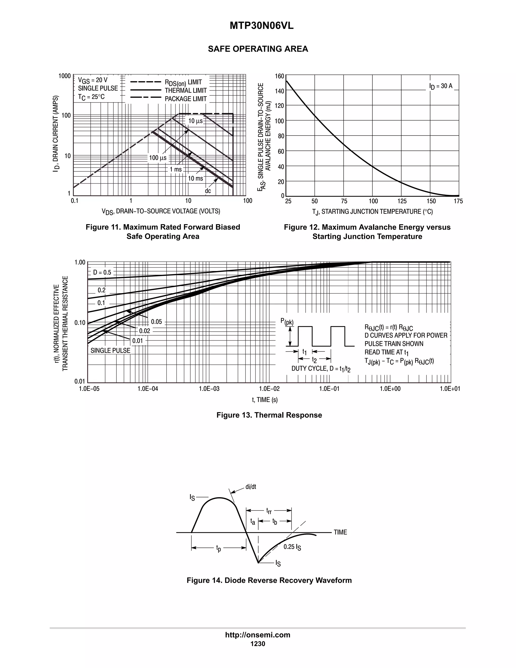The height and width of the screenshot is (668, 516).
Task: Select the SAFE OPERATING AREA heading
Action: click(x=258, y=49)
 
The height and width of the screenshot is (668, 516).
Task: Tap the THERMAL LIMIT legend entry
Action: click(x=185, y=90)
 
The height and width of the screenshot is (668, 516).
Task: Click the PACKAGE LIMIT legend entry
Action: click(x=185, y=99)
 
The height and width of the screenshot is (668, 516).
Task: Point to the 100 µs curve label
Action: click(x=158, y=158)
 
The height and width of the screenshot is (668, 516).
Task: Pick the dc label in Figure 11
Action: click(x=208, y=191)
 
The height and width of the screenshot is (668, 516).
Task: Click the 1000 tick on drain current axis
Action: click(x=64, y=76)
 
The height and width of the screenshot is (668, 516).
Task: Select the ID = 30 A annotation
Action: click(x=440, y=86)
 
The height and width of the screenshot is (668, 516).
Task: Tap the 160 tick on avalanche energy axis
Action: click(x=279, y=76)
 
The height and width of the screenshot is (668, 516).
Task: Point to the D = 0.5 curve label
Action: click(x=102, y=272)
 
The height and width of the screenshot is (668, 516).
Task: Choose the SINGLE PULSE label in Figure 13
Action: click(x=110, y=351)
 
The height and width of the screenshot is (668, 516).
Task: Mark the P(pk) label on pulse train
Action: click(x=287, y=321)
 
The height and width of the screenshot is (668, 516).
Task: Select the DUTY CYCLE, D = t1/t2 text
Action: click(x=321, y=369)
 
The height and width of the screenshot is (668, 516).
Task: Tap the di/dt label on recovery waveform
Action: click(x=251, y=487)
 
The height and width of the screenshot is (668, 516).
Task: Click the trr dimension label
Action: click(x=269, y=511)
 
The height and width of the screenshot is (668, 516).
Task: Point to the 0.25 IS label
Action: click(x=292, y=547)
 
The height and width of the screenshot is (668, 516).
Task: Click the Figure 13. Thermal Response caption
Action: click(x=269, y=415)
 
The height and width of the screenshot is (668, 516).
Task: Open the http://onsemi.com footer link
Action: click(x=258, y=635)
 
